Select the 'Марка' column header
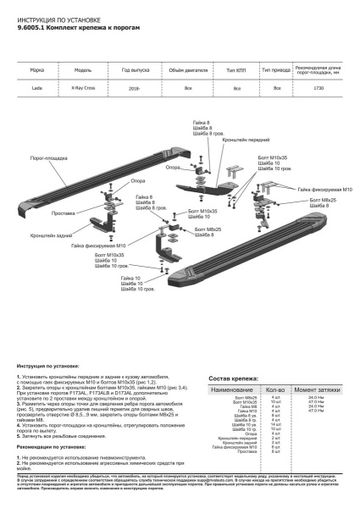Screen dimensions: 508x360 pos(37,70)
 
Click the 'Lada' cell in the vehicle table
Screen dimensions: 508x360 pos(37,88)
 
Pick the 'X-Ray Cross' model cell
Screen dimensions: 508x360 pos(83,88)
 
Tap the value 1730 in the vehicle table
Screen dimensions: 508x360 pos(318,88)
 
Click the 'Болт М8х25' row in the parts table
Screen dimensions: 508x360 pos(246,396)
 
